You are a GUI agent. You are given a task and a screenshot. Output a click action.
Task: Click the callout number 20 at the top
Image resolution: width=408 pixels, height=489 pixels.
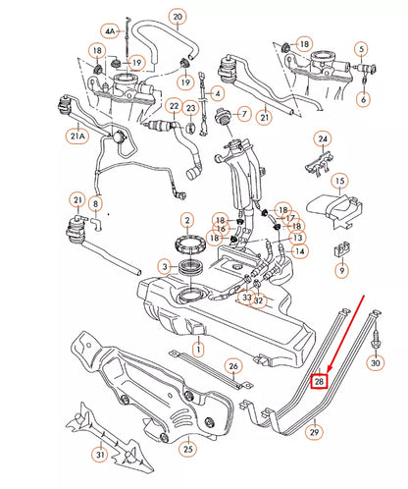click(x=177, y=17)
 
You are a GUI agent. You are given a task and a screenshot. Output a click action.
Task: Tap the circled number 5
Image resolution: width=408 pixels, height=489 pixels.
click(x=362, y=48)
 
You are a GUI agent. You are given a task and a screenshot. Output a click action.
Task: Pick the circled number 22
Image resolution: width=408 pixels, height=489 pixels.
click(x=174, y=106)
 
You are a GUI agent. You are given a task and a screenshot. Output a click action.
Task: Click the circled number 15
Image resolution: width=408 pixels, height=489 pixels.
click(x=339, y=182)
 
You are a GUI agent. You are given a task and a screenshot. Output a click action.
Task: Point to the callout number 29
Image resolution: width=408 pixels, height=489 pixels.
click(x=315, y=431)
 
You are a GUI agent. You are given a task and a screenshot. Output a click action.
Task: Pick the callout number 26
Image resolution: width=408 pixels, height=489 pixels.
click(x=232, y=366)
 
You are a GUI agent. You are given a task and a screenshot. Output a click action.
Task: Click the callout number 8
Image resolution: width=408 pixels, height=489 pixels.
click(x=95, y=204)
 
